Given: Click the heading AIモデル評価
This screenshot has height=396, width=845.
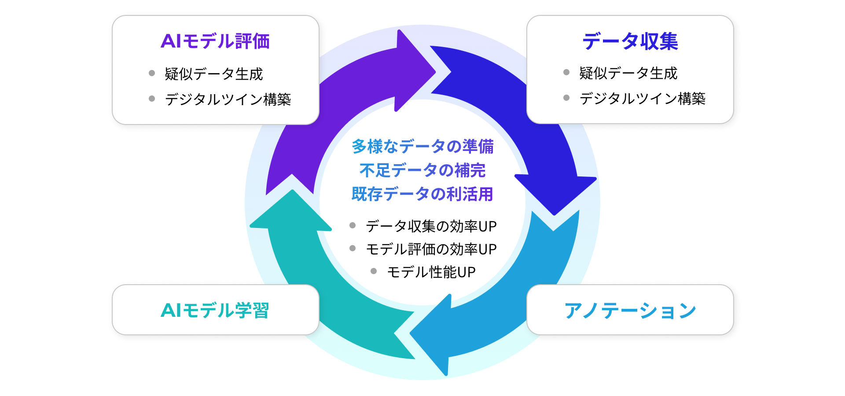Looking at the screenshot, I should click(215, 41).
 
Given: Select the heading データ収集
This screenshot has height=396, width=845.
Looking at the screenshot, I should click(630, 41).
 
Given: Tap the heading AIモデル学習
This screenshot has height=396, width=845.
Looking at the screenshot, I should click(215, 310).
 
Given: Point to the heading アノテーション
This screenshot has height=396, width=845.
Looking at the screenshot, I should click(630, 310).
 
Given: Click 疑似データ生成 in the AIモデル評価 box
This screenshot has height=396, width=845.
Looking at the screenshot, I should click(214, 74).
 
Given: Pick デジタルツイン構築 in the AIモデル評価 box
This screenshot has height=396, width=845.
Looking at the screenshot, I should click(228, 99).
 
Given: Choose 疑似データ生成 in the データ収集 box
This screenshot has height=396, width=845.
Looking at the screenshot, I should click(628, 73).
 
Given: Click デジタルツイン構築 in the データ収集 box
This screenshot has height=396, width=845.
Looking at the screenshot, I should click(643, 98).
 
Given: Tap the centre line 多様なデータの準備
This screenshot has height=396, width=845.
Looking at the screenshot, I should click(422, 147).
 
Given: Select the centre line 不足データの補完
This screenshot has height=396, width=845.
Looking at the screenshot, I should click(422, 170).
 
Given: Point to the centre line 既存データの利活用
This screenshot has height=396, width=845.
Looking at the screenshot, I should click(422, 194).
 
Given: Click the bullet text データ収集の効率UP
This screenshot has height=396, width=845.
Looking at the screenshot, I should click(431, 226).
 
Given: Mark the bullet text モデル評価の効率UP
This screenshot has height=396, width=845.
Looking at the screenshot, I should click(431, 249).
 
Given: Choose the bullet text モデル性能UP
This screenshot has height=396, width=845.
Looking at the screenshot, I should click(431, 272).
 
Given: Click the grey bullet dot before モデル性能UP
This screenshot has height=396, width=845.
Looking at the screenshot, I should click(374, 271).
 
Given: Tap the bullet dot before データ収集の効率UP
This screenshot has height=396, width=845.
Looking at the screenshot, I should click(353, 225).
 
